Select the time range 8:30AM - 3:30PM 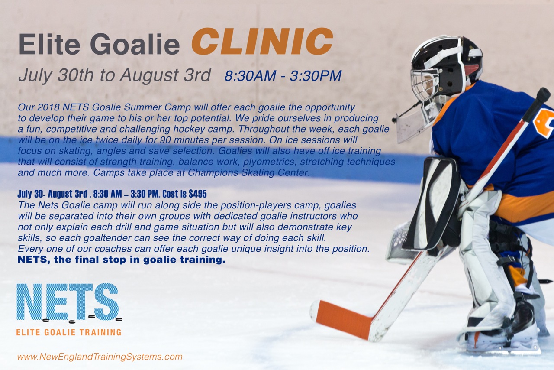point(283,75)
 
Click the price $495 point(198,194)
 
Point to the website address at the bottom point(100,357)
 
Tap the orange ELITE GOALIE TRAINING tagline point(69,332)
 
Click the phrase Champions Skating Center point(248,172)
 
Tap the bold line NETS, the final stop point(122,260)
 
